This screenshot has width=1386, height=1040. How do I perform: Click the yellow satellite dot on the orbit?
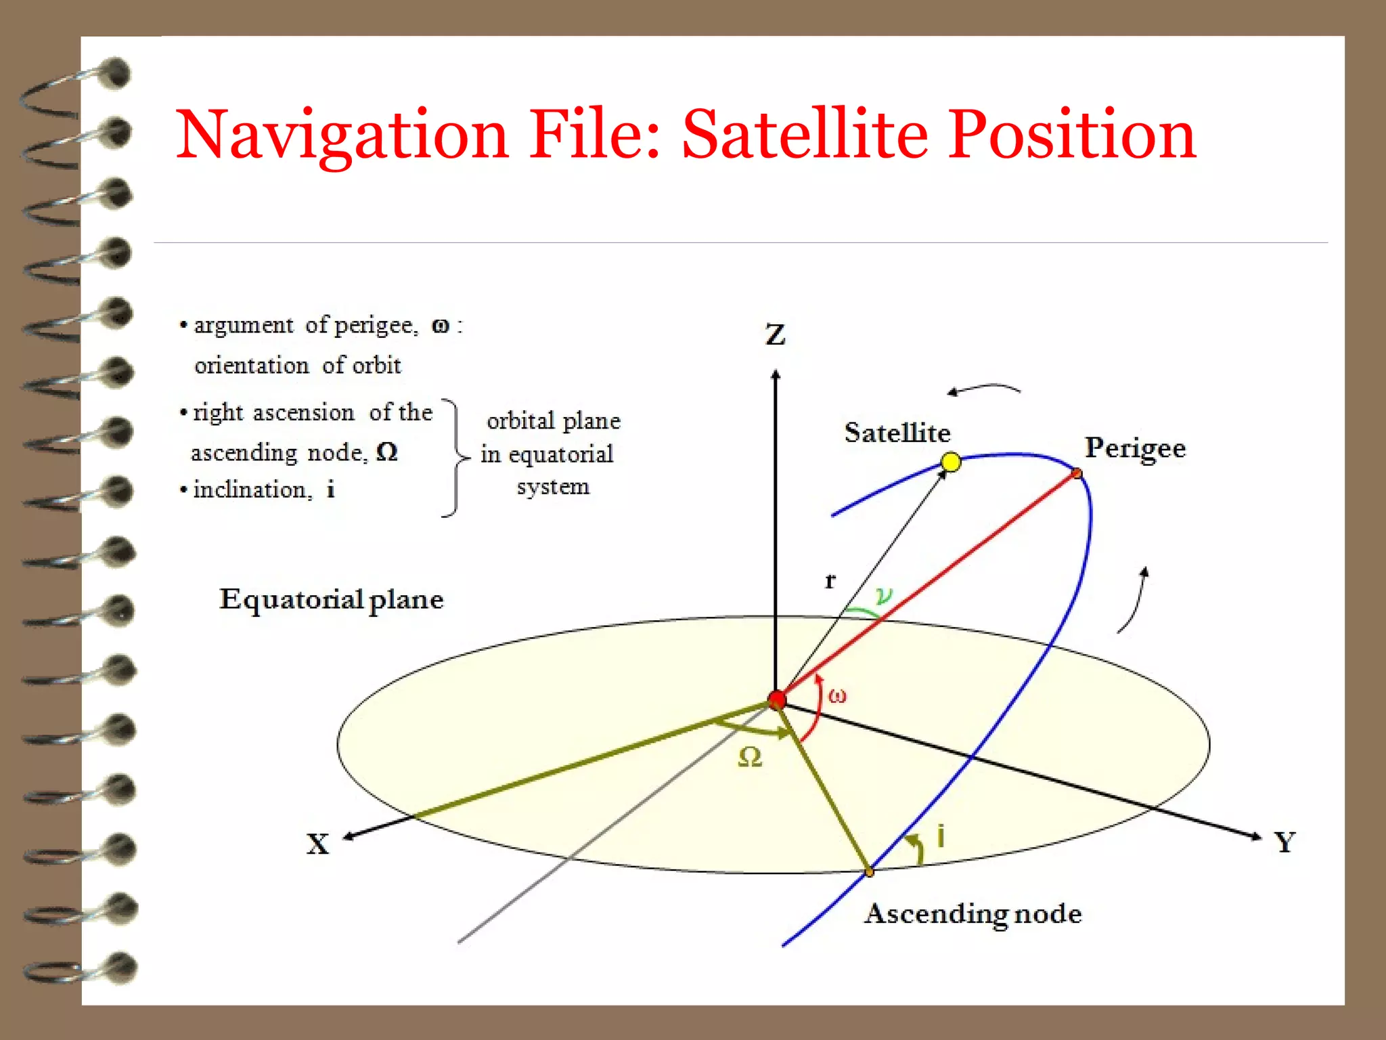pos(951,462)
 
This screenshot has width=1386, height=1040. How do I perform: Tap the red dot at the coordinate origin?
pos(777,699)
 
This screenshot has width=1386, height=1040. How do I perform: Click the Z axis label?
pos(776,334)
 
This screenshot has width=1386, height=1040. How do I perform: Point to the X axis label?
pos(317,844)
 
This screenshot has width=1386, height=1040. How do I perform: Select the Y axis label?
pos(1284,842)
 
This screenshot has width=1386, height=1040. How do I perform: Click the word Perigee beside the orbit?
pos(1135,449)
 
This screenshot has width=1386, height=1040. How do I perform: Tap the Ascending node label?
pos(973,914)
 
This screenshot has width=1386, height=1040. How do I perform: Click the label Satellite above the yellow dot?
pos(897,433)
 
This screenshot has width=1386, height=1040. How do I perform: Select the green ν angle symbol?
pos(884,596)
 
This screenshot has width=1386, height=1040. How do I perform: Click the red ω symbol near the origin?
pos(837,695)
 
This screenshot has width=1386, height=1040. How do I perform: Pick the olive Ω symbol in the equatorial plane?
pos(750,757)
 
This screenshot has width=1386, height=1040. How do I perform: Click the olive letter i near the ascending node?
pos(941,836)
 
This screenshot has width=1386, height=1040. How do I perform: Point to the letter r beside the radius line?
pos(830,581)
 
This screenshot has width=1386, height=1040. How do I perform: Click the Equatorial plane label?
pos(332,600)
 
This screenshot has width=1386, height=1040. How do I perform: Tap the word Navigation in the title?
pos(342,135)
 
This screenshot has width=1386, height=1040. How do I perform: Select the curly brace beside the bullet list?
pos(455,458)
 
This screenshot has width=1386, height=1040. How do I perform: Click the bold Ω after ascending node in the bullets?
pos(386,452)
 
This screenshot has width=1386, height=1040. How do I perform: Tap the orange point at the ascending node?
pos(870,872)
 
